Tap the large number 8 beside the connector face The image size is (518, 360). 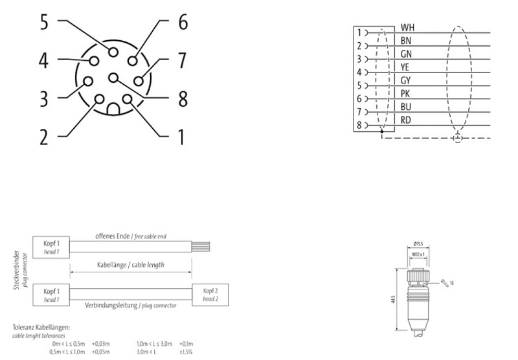point(183,100)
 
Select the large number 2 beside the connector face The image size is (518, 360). point(43,137)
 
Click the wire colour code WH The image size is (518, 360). point(408,28)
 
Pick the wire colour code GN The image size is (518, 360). point(407,54)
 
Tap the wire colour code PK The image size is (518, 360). point(407,94)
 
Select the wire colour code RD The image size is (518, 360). point(407,120)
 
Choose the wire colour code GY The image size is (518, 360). point(407,80)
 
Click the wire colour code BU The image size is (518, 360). point(407,107)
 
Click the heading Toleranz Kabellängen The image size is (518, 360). point(41,328)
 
